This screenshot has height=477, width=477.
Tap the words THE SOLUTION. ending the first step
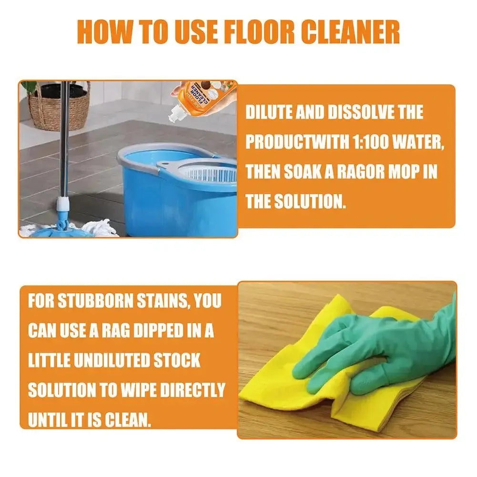pyautogui.click(x=295, y=201)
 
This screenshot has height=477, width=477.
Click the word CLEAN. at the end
pyautogui.click(x=128, y=420)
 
